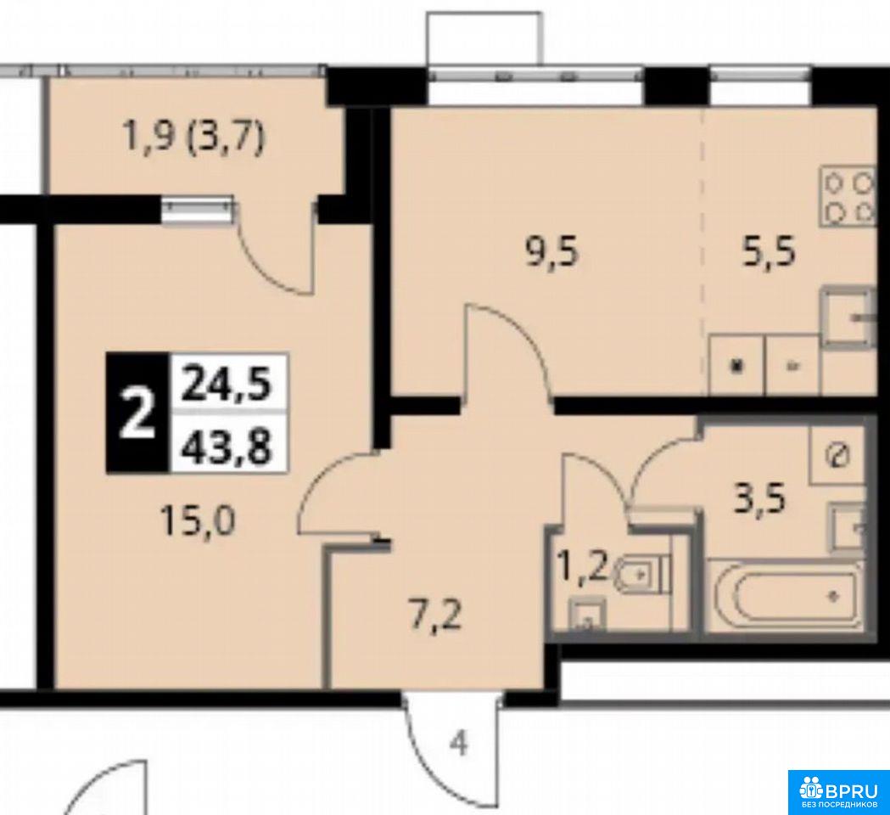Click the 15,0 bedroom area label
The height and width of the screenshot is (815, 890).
coord(198,520)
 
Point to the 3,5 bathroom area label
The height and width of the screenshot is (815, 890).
coord(759,500)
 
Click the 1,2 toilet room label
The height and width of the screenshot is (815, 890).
coord(583,566)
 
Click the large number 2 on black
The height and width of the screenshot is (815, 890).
coord(137,413)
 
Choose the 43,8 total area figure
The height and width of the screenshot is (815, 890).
coord(227,445)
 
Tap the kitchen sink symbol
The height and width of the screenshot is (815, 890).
coord(848,318)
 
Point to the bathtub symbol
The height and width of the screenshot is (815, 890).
coord(786,595)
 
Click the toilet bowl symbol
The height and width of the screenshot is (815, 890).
coord(642,574)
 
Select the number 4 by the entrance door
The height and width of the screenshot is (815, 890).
coord(460,744)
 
